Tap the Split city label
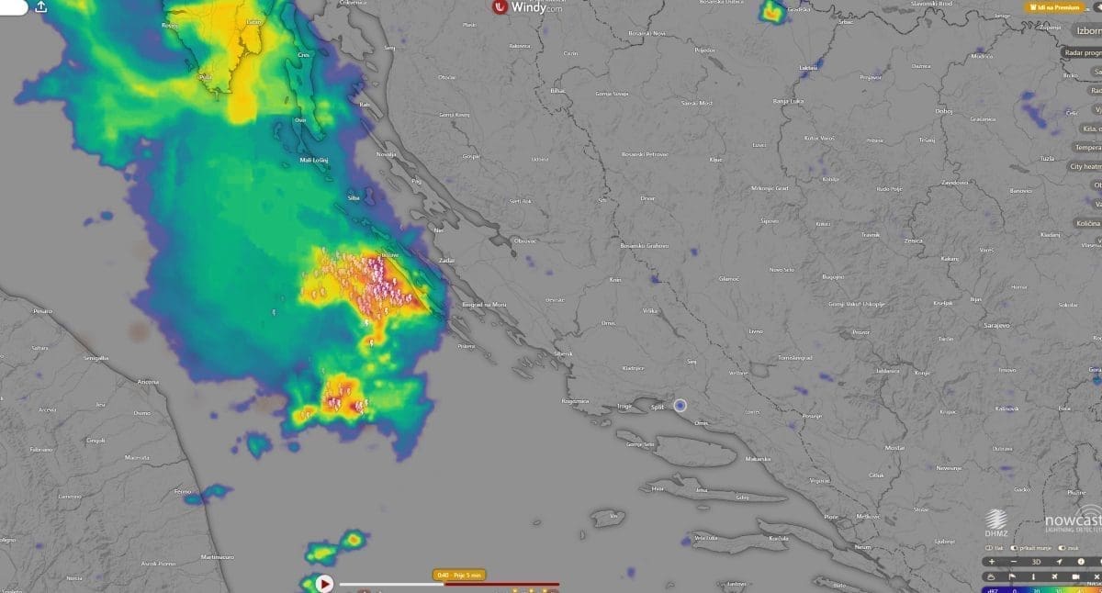(657, 406)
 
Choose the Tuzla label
(1047, 158)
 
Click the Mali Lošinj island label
(314, 160)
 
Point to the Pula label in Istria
(205, 77)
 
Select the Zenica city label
(913, 241)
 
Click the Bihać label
(558, 92)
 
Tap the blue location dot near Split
(680, 405)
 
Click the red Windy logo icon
(500, 7)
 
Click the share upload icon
(41, 6)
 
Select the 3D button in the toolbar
(1036, 561)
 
